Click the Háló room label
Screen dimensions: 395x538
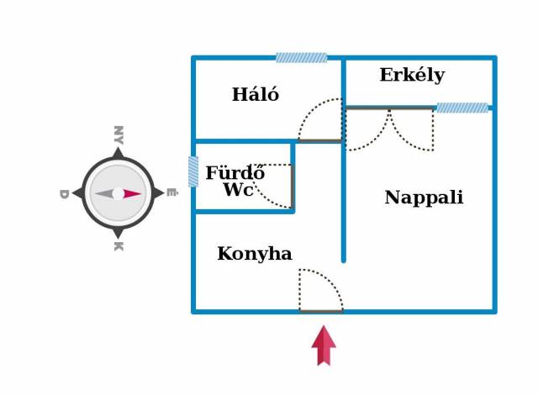[x=255, y=95]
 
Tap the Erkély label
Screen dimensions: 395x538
[x=412, y=76]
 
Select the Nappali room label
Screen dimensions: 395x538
[x=424, y=198]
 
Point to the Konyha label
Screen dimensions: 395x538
[x=254, y=254]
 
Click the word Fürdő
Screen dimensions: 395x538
[x=235, y=174]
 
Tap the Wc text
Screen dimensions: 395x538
[x=238, y=191]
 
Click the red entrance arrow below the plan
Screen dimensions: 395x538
[x=324, y=345]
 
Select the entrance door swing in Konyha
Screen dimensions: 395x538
[x=320, y=291]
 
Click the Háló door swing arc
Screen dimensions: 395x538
[x=320, y=121]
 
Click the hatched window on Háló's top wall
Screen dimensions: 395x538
[x=301, y=58]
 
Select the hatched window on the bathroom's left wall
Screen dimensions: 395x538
[x=193, y=171]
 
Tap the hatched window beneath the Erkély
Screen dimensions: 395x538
[x=462, y=108]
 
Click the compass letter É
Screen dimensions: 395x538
[x=172, y=193]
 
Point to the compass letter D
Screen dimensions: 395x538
[x=63, y=194]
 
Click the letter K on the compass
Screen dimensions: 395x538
[x=119, y=246]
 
